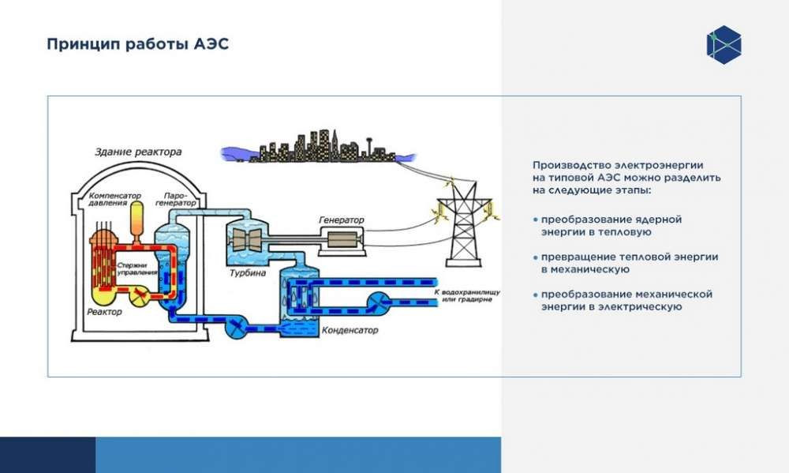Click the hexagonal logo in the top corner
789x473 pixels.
(724, 44)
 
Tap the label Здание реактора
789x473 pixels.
(138, 152)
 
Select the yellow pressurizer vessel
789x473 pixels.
(136, 218)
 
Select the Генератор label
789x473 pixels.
(342, 219)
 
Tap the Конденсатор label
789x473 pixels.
(350, 330)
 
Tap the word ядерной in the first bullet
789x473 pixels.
(659, 219)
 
